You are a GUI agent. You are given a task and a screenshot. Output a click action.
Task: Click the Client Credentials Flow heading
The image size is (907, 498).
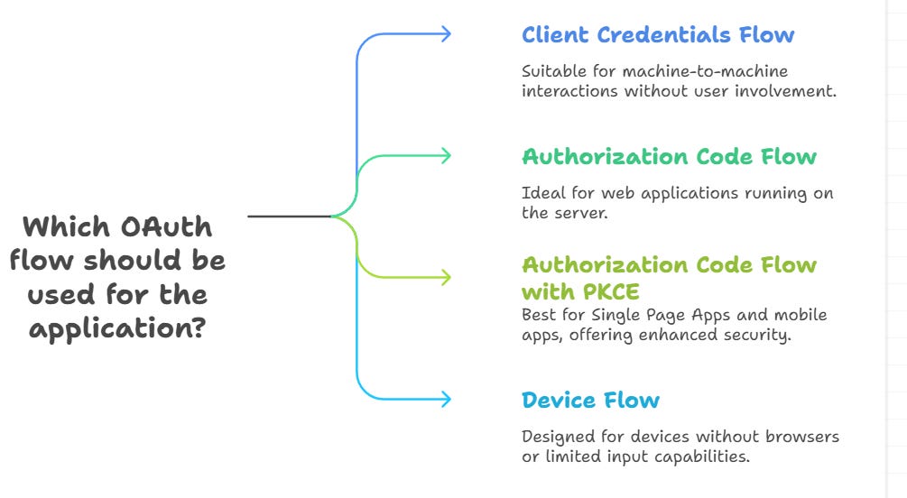pyautogui.click(x=658, y=35)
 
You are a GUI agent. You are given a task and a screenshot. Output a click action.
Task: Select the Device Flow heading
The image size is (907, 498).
pyautogui.click(x=590, y=400)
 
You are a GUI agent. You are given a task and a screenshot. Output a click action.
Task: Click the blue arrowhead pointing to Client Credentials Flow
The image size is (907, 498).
pyautogui.click(x=444, y=34)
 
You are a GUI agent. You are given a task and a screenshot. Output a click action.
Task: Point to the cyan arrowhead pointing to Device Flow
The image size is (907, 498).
pyautogui.click(x=444, y=398)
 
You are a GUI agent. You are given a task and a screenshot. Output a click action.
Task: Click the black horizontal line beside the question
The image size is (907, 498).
pyautogui.click(x=289, y=217)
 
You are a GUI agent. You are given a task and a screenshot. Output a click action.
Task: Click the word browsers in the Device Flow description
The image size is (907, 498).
pyautogui.click(x=802, y=437)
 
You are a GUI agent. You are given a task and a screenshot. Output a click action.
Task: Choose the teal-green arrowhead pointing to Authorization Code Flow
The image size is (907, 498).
pyautogui.click(x=444, y=155)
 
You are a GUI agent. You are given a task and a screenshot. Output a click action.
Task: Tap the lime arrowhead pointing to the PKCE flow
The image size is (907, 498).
pyautogui.click(x=444, y=276)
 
